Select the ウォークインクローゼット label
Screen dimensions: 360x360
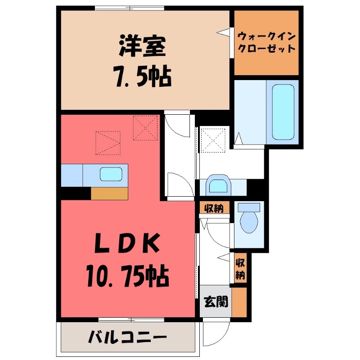[266, 42]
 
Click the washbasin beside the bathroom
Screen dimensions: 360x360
[218, 184]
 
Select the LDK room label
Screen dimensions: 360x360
[127, 245]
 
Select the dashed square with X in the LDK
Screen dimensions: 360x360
[145, 128]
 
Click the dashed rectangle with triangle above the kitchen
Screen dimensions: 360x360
[108, 143]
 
